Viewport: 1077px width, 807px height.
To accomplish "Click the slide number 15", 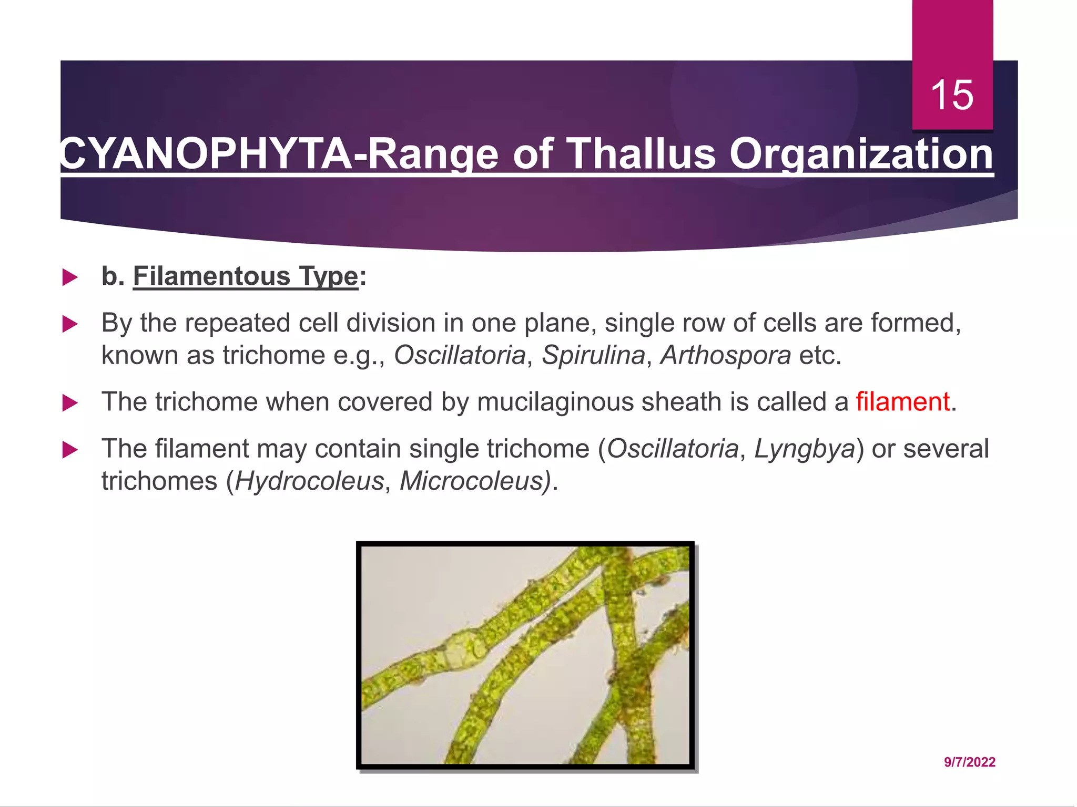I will (952, 95).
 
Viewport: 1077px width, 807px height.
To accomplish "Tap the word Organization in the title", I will (861, 154).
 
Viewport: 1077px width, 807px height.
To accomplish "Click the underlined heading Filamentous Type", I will (246, 276).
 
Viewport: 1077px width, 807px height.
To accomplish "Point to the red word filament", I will (902, 402).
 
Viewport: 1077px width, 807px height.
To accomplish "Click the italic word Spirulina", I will (593, 355).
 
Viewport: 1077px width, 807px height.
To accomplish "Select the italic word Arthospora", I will (726, 355).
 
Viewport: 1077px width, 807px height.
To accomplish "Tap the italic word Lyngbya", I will (805, 449).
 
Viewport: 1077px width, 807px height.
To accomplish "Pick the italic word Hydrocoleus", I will (309, 481).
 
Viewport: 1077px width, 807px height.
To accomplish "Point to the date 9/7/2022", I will (969, 762).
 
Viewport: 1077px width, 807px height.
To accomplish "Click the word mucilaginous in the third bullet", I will (554, 402).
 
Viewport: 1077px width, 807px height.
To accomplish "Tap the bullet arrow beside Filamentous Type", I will (70, 277).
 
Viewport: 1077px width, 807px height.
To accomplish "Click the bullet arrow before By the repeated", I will (70, 324).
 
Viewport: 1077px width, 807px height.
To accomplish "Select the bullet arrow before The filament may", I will (70, 450).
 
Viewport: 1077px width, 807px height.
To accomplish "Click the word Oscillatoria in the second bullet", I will (460, 355).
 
